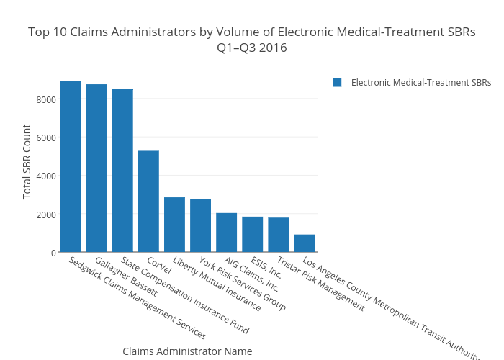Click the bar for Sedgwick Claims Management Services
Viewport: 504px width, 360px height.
[x=71, y=166]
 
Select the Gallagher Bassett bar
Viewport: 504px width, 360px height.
[x=96, y=168]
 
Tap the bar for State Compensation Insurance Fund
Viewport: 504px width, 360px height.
[x=122, y=170]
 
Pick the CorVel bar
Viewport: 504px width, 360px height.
[x=148, y=201]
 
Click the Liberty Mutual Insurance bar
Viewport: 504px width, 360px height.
[x=174, y=225]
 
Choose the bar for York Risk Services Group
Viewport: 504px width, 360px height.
[x=200, y=225]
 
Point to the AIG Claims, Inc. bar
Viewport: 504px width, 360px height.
[x=227, y=233]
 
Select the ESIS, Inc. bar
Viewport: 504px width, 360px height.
[x=253, y=234]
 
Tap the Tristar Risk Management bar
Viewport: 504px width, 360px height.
[x=279, y=235]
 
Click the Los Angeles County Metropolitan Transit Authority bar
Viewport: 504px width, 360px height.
[x=305, y=243]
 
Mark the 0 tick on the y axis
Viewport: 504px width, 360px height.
[x=53, y=253]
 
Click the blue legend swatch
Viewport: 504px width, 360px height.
[x=337, y=82]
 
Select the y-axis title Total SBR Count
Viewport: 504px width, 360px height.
[x=27, y=162]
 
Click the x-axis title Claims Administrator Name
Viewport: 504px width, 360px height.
[x=187, y=351]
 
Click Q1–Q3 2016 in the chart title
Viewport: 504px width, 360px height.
[x=252, y=48]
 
